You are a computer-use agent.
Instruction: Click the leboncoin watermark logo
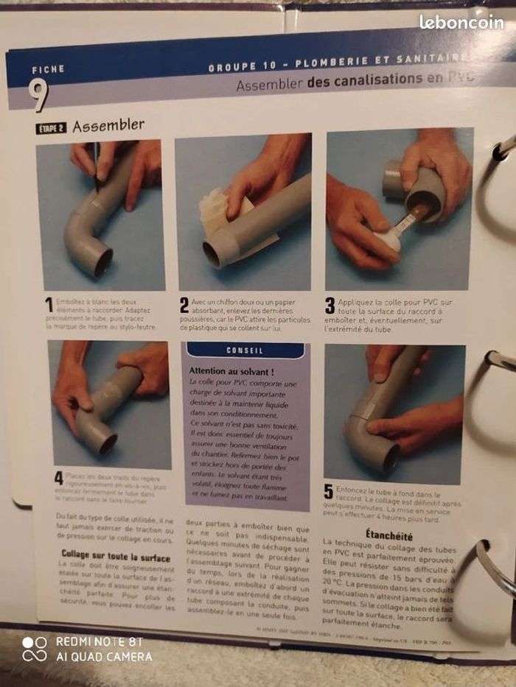pyautogui.click(x=461, y=22)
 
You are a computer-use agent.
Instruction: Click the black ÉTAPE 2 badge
pyautogui.click(x=51, y=128)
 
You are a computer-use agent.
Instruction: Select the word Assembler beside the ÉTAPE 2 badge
pyautogui.click(x=108, y=125)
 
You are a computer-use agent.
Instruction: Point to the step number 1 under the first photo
pyautogui.click(x=49, y=305)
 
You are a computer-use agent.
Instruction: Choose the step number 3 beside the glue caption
pyautogui.click(x=330, y=306)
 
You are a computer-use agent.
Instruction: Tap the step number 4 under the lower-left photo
pyautogui.click(x=58, y=478)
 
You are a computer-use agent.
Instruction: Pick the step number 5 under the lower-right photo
pyautogui.click(x=328, y=492)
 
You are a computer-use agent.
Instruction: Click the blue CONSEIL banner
pyautogui.click(x=245, y=350)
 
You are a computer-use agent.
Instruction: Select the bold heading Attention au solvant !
pyautogui.click(x=231, y=372)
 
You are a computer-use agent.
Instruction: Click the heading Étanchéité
pyautogui.click(x=388, y=535)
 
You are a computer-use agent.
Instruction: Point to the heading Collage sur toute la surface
pyautogui.click(x=116, y=557)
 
